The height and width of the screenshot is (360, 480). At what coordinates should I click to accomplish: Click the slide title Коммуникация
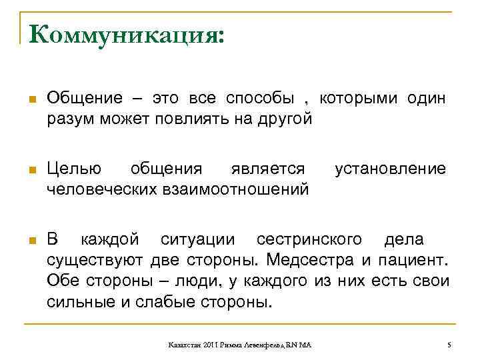(x=126, y=34)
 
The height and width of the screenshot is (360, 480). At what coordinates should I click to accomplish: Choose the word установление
(x=390, y=169)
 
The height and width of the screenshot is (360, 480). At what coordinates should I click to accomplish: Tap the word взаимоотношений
(x=233, y=190)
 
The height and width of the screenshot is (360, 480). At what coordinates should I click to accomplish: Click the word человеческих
(x=101, y=190)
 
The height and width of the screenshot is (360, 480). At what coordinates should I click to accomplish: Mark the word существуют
(x=94, y=259)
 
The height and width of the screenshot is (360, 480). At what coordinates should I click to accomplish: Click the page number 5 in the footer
(x=449, y=344)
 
